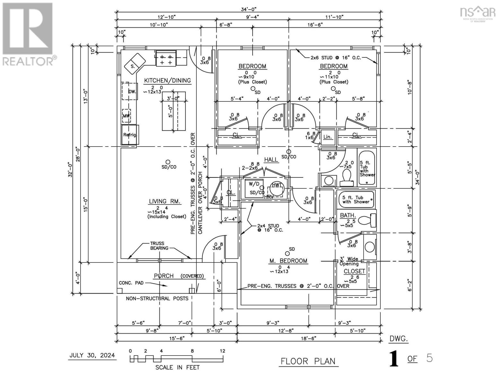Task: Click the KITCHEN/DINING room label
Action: coord(167,81)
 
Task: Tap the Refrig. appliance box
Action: coord(129,135)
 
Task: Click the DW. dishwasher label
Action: coord(132,91)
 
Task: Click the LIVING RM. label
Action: coord(165,201)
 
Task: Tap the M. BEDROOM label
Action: coord(288,261)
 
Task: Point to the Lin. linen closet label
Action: coord(327,137)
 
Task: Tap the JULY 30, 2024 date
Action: coord(92,355)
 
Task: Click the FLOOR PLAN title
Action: coord(308,361)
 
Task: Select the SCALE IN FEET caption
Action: coord(177,367)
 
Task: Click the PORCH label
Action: coord(164,276)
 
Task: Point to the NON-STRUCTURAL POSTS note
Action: coord(157,298)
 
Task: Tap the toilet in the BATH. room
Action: coord(366,220)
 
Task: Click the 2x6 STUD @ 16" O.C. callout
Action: coord(335,58)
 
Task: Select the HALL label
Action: coord(271,160)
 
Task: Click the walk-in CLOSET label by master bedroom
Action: coord(354,271)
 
